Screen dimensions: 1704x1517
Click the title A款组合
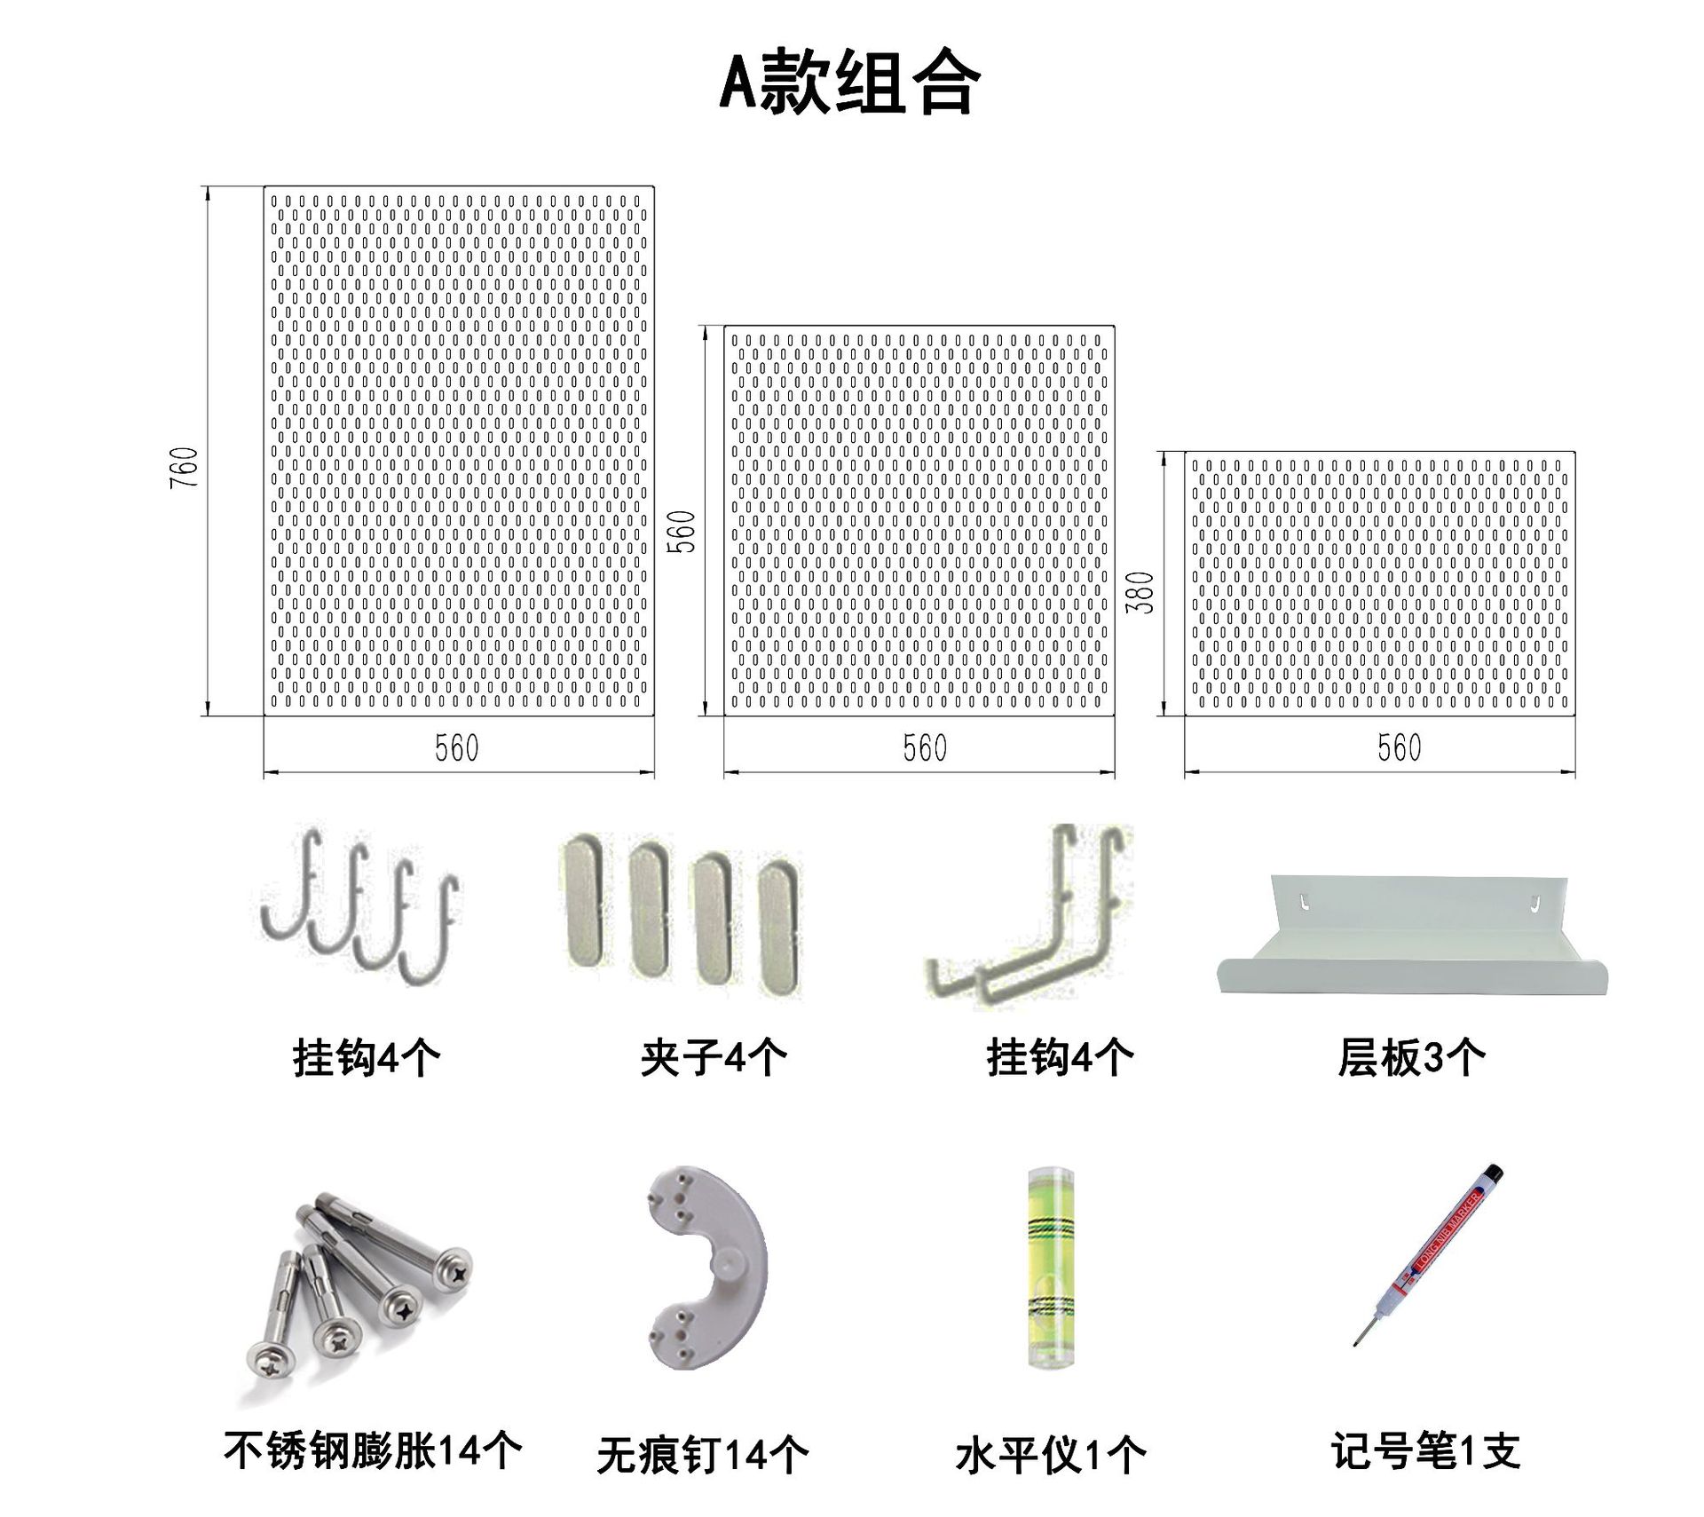click(x=849, y=83)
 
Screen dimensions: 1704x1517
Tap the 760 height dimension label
click(x=185, y=468)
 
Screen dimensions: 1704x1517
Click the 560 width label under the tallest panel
click(x=457, y=748)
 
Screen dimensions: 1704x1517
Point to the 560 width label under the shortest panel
click(x=1399, y=748)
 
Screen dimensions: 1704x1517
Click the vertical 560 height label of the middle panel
click(x=682, y=532)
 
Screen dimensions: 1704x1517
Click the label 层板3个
click(x=1411, y=1057)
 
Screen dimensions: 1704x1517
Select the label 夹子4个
click(x=714, y=1057)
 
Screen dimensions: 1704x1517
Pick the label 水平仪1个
click(x=1051, y=1456)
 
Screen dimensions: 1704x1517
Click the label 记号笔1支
click(x=1425, y=1452)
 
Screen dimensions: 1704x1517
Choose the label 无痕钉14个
click(x=702, y=1456)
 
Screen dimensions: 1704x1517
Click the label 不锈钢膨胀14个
click(x=372, y=1451)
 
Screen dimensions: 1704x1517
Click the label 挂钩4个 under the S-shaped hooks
click(x=366, y=1057)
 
